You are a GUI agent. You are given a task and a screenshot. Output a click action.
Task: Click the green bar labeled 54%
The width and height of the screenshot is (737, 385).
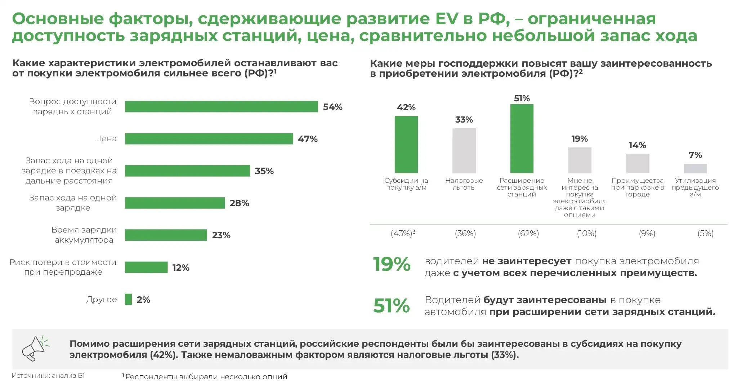221,107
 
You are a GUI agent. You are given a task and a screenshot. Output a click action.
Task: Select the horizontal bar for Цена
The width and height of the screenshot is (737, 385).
209,139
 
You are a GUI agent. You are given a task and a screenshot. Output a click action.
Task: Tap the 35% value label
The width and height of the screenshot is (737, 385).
264,171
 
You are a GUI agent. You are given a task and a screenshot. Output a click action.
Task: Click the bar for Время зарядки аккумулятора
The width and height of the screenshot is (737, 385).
166,235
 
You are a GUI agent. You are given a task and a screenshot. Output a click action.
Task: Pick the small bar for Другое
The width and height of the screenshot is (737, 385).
128,299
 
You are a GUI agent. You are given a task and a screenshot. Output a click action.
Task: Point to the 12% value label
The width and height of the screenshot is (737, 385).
180,267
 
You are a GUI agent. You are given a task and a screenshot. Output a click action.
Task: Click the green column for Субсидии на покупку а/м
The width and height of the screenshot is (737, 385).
406,145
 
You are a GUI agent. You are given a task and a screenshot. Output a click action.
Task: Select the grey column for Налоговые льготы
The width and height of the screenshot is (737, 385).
464,151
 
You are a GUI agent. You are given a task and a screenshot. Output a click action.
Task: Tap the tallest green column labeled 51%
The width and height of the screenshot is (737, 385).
522,138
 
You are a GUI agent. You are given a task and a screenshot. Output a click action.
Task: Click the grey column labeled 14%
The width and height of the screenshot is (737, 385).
637,164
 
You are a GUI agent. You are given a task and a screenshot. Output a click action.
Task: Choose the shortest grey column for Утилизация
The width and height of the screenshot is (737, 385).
695,168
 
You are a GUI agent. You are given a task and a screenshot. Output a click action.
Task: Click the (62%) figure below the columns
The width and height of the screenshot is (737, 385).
528,234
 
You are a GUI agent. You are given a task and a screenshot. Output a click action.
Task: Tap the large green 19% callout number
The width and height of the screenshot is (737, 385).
392,264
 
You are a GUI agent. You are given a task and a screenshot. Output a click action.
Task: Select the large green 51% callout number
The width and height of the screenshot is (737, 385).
392,306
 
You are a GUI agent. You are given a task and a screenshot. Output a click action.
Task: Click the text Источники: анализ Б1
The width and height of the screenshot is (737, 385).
48,376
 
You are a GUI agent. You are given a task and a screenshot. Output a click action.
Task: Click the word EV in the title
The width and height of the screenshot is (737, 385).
447,19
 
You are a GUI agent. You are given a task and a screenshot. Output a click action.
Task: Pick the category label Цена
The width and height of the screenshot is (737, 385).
106,139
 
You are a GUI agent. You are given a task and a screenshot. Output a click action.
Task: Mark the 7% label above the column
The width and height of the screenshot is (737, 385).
695,155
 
